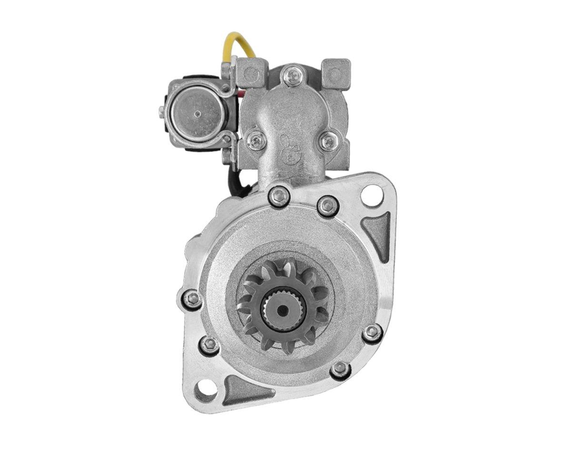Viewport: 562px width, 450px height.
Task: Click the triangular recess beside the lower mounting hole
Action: coord(243,388)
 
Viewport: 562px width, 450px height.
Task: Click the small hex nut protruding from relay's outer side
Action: coord(162,111)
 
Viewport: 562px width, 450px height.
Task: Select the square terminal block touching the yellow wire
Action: coord(250,72)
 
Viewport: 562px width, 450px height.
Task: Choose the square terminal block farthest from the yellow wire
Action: coord(335,73)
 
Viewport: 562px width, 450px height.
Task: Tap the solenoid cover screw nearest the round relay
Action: coord(256,140)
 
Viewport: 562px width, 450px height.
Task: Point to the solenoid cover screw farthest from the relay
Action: coord(328,141)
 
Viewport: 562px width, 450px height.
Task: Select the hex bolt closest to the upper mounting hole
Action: coord(327,206)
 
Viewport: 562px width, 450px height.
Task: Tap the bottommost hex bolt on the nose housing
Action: coord(340,369)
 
